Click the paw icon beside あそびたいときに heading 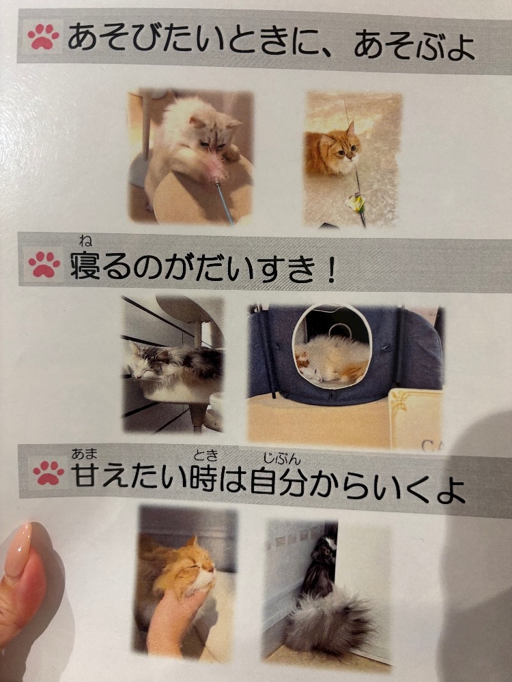pos(43,37)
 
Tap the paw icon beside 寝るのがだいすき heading pos(44,263)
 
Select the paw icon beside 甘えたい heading pos(48,473)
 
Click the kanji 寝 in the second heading pos(85,266)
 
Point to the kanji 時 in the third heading pos(203,478)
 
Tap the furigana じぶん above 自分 pos(282,458)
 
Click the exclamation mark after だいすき pos(331,269)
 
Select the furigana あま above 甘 pos(85,454)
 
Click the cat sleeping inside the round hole pos(332,360)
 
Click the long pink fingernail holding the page pos(18,550)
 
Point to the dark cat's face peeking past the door pos(327,550)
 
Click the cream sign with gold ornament pos(415,419)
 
